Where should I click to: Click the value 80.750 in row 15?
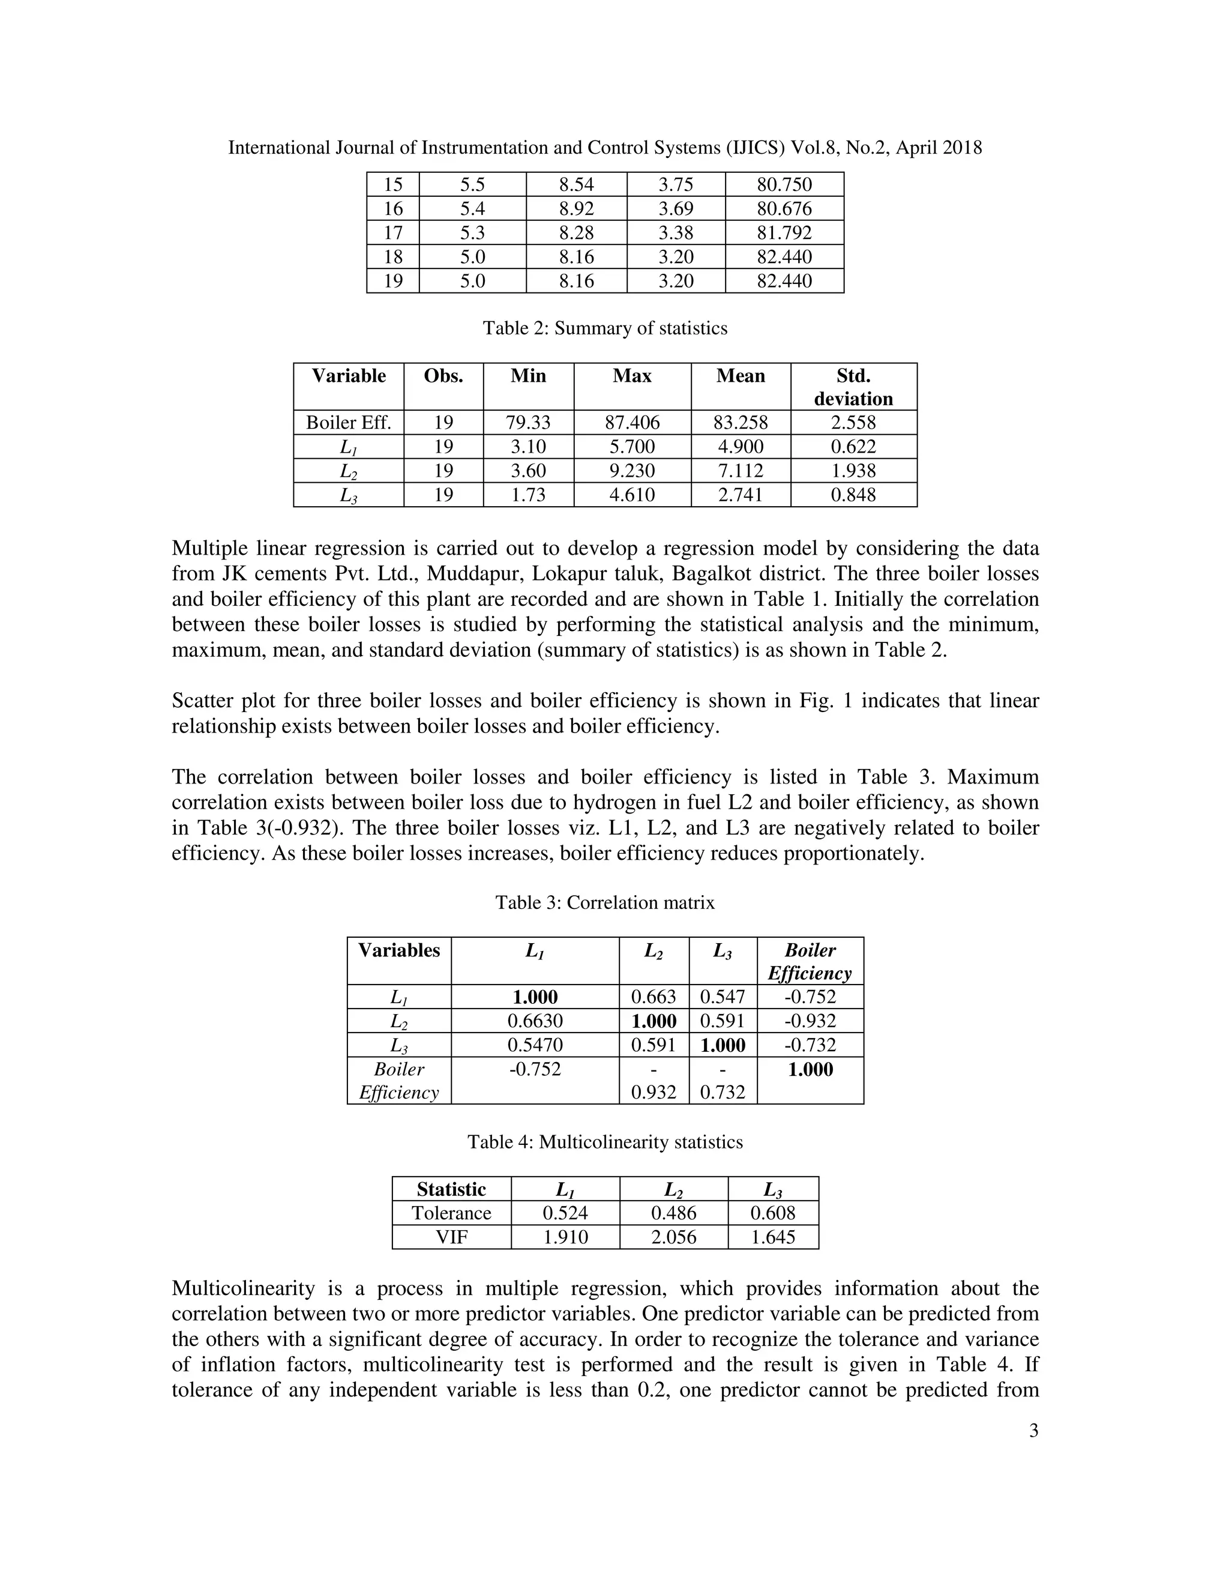click(784, 184)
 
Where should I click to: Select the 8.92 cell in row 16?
click(576, 209)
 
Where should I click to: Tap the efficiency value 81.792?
click(784, 233)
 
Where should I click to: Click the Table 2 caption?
click(605, 328)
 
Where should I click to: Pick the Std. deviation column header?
click(853, 387)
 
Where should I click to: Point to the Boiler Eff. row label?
click(348, 423)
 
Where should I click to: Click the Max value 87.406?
click(631, 423)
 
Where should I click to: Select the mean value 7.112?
click(740, 471)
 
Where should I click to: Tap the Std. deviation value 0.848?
click(853, 495)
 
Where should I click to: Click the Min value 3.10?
click(528, 447)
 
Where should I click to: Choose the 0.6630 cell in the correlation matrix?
click(535, 1021)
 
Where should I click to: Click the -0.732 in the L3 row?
click(810, 1045)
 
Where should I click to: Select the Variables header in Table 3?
click(399, 950)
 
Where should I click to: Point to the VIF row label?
click(451, 1237)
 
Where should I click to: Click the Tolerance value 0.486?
click(673, 1213)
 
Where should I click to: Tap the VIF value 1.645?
click(772, 1237)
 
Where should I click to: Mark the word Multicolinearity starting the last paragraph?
click(242, 1288)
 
